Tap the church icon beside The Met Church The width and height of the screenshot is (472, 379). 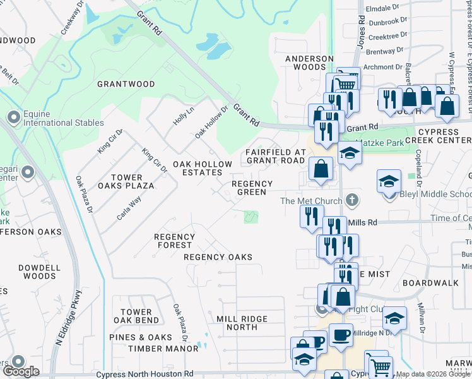tap(353, 201)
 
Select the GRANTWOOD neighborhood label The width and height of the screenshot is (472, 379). tap(126, 84)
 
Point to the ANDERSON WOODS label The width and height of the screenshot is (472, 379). tap(309, 63)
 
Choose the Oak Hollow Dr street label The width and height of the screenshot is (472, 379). tap(210, 123)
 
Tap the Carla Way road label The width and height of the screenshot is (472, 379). tap(129, 207)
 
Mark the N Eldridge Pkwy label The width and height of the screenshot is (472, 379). tap(69, 318)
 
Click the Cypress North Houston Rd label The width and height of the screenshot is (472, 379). tap(145, 375)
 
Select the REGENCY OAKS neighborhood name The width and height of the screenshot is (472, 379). tap(218, 257)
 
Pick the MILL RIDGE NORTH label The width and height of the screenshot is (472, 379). tap(242, 323)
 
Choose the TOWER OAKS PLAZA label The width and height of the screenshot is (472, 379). tap(132, 182)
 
